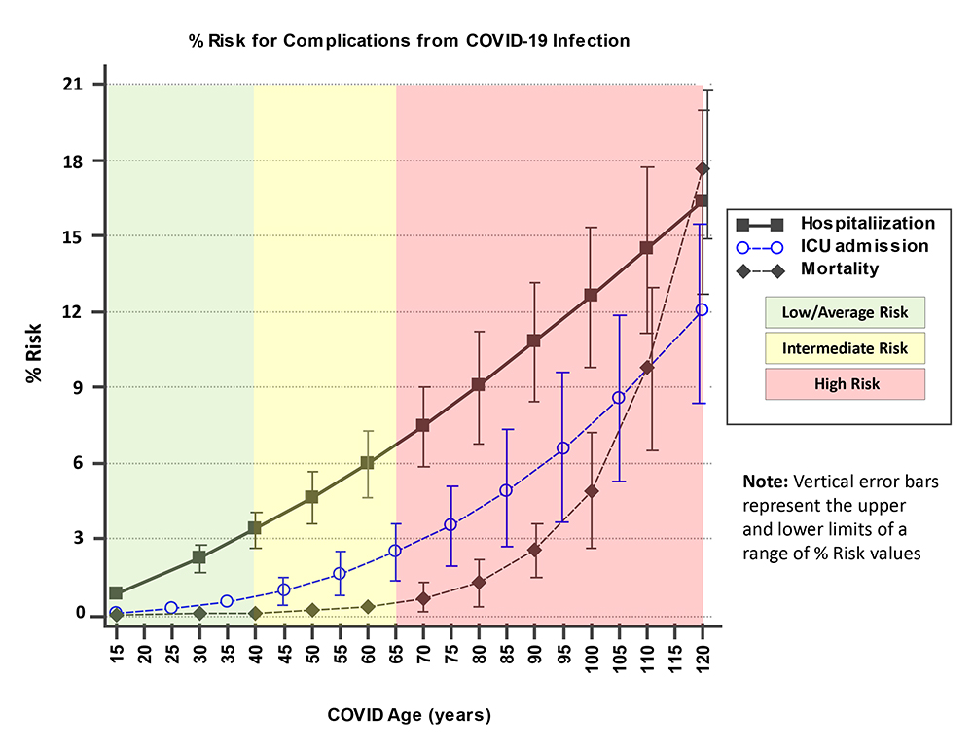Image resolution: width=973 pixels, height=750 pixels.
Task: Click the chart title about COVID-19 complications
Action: pyautogui.click(x=409, y=41)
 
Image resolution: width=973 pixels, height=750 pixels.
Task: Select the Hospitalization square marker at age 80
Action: pyautogui.click(x=479, y=384)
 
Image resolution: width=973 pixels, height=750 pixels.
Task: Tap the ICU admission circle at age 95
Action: pyautogui.click(x=562, y=447)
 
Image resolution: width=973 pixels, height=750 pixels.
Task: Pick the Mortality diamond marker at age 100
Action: pyautogui.click(x=591, y=490)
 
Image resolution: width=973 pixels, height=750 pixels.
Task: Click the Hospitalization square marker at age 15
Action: pyautogui.click(x=116, y=593)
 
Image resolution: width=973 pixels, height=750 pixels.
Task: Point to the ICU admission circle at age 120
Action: pyautogui.click(x=702, y=309)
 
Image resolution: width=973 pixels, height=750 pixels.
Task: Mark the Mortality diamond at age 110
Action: pyautogui.click(x=646, y=367)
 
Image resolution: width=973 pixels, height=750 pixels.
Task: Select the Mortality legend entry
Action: pyautogui.click(x=839, y=268)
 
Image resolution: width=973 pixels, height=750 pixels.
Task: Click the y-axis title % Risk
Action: pyautogui.click(x=33, y=349)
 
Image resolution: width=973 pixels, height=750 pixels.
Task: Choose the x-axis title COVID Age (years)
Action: pyautogui.click(x=408, y=716)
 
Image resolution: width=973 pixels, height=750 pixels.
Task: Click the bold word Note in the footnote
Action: pyautogui.click(x=765, y=481)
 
